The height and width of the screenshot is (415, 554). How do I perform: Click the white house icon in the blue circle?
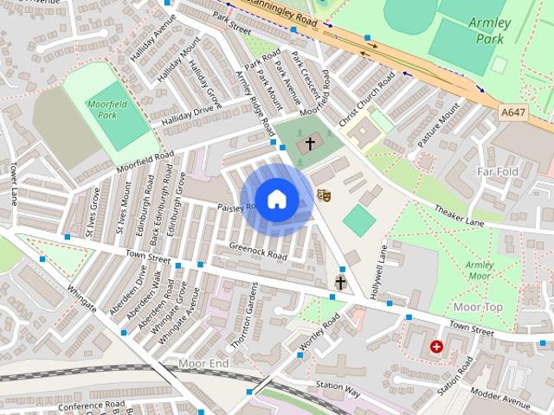276,200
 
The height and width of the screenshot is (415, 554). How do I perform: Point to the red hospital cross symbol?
436,347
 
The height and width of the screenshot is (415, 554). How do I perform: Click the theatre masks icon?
324,195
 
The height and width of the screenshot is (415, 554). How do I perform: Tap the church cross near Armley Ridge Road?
310,144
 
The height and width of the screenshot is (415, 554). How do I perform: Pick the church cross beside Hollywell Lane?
340,282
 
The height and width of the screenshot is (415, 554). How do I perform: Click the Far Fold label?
498,172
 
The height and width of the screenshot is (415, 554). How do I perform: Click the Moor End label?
203,364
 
